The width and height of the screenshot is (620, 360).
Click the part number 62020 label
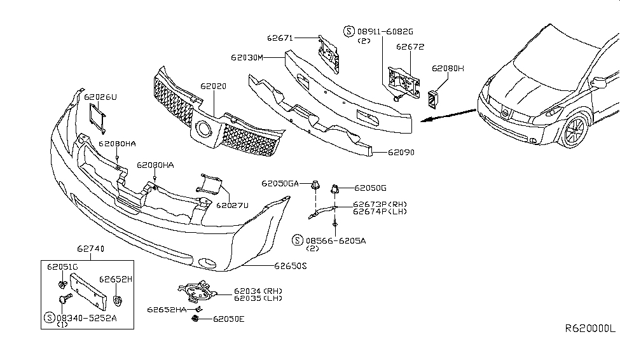click(x=212, y=85)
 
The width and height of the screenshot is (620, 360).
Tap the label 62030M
click(x=247, y=57)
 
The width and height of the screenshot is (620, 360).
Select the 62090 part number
click(x=386, y=153)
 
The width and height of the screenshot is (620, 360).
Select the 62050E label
click(x=228, y=319)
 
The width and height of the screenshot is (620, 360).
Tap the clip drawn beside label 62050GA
click(x=315, y=186)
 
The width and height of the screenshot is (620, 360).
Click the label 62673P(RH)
click(x=380, y=204)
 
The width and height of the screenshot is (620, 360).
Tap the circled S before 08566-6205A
click(x=298, y=240)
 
